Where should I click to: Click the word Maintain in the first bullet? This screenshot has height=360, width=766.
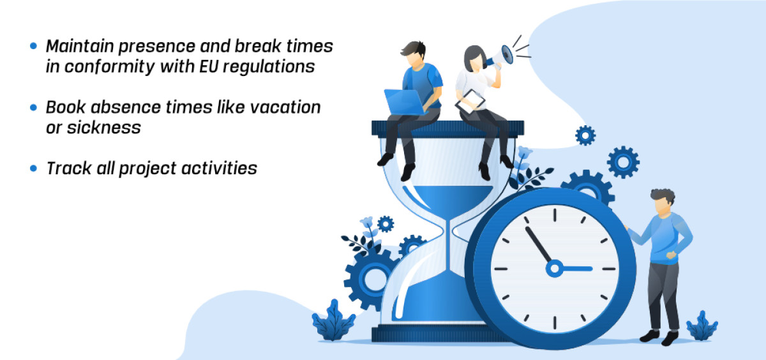80,46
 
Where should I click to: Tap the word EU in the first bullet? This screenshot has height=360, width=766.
209,66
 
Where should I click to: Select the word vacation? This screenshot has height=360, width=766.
285,107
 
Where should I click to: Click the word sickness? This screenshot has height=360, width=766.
103,128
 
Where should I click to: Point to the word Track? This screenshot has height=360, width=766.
69,169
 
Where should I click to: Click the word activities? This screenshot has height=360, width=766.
219,169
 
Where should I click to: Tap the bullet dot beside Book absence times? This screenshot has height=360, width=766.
33,107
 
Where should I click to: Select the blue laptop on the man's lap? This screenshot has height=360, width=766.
405,102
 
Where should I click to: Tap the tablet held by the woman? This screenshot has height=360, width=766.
470,101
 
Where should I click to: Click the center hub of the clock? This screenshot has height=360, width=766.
554,269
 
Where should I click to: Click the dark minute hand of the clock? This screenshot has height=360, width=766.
538,244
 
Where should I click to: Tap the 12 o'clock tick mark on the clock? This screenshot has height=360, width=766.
555,215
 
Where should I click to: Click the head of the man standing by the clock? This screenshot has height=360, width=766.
663,202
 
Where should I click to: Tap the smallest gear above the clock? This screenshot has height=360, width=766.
585,136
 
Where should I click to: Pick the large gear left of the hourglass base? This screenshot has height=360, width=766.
370,279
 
